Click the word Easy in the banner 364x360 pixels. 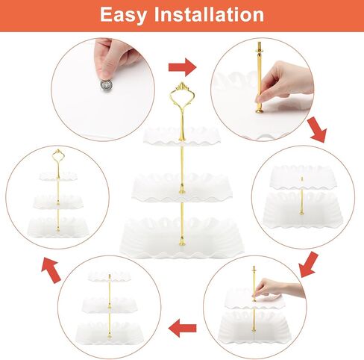point(123,16)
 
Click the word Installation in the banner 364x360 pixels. point(209,14)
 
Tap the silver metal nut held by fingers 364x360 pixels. point(107,85)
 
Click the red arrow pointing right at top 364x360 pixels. point(183,67)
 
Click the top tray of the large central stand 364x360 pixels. point(182,136)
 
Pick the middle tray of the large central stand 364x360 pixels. point(182,187)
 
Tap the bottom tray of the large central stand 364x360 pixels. point(182,238)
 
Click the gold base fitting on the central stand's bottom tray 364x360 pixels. point(182,241)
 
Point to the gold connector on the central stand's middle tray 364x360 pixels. point(182,189)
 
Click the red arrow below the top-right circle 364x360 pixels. point(317,130)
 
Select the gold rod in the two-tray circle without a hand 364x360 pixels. point(301,196)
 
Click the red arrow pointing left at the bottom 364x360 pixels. point(183,328)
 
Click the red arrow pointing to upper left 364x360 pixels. point(51,270)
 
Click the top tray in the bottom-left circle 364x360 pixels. point(110,276)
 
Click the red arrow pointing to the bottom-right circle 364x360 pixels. point(308,264)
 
